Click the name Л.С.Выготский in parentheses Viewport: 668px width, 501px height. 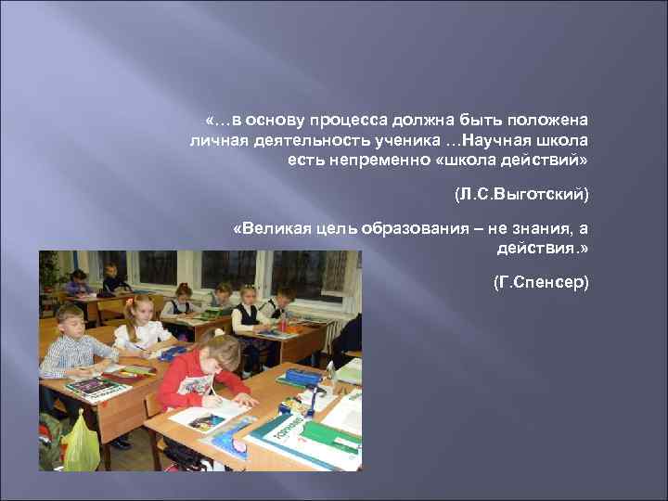[521, 196]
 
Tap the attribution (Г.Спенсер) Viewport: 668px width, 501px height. [541, 280]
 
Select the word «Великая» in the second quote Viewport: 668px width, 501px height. [270, 230]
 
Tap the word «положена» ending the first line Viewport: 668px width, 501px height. [551, 121]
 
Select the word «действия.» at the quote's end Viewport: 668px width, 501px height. [544, 249]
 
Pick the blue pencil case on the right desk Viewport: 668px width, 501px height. [303, 377]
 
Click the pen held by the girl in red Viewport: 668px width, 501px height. [212, 389]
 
